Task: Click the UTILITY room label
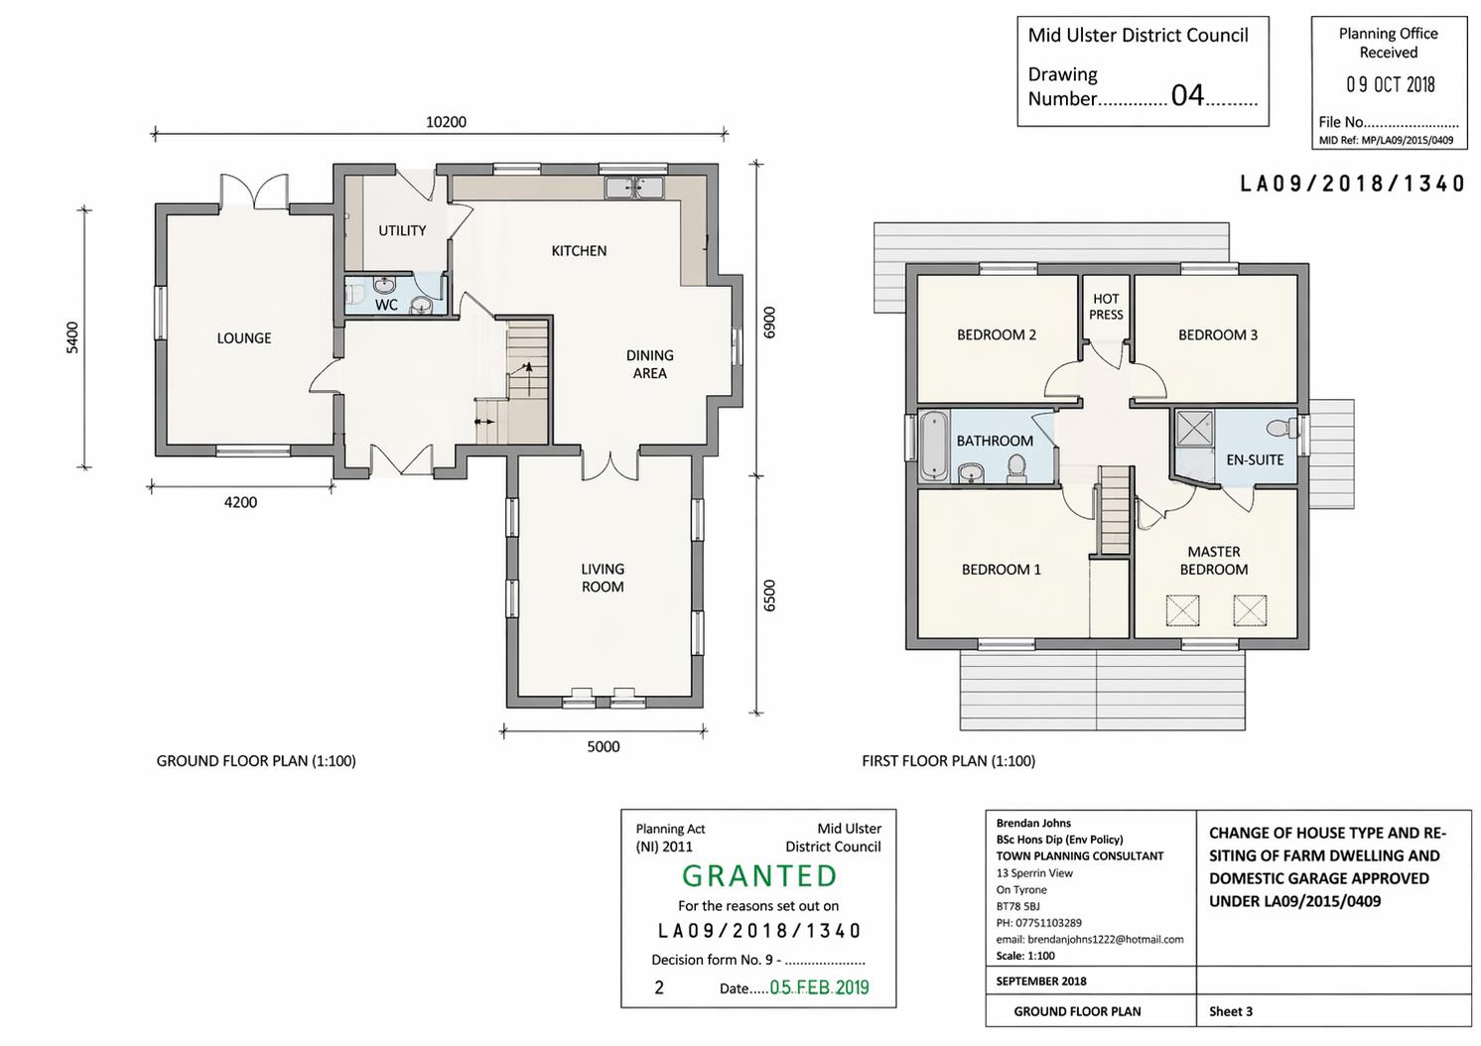tap(402, 231)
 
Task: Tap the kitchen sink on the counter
tap(634, 188)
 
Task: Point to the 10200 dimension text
tap(446, 122)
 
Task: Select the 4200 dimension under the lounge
tap(240, 502)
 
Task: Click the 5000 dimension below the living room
tap(603, 746)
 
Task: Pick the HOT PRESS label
tap(1106, 307)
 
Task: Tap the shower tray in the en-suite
tap(1194, 429)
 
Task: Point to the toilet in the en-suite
tap(1282, 428)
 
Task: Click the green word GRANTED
tap(759, 876)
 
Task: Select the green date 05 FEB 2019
tap(819, 987)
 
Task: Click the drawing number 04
tap(1187, 96)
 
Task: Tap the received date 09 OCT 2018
tap(1391, 84)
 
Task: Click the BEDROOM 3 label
tap(1217, 335)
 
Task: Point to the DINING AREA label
tap(649, 364)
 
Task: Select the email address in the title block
tap(1090, 939)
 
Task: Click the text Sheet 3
tap(1231, 1011)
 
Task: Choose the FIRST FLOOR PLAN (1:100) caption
tap(948, 761)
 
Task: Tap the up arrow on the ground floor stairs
tap(528, 378)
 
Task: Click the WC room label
tap(386, 305)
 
